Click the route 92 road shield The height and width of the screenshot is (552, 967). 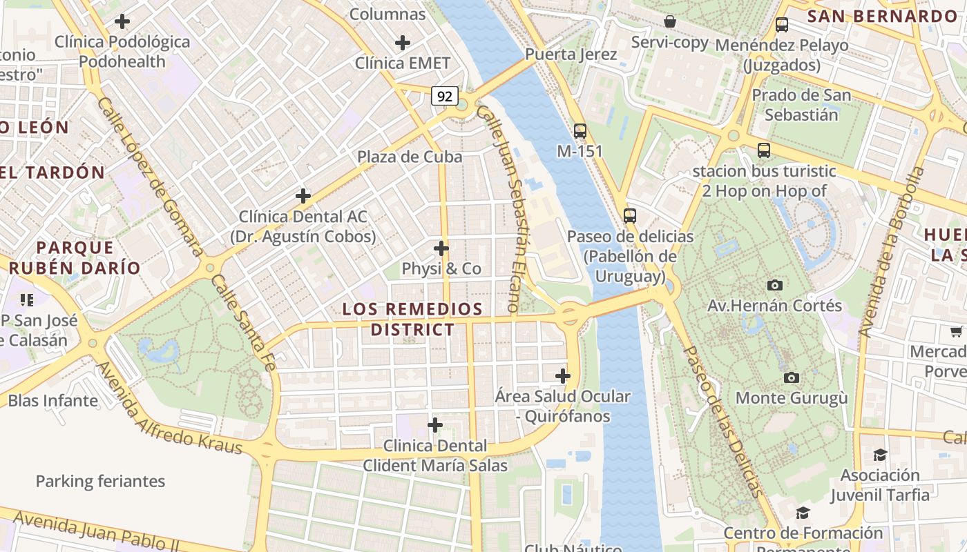(445, 96)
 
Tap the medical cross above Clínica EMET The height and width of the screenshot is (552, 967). (403, 43)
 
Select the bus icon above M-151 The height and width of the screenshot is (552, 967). (580, 130)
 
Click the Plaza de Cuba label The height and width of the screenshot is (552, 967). (410, 157)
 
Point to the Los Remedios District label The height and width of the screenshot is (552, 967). (412, 319)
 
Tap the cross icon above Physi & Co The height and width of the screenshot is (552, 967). (441, 248)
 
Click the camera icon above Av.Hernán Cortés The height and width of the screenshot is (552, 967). (775, 285)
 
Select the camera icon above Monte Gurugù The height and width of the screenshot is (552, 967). (792, 377)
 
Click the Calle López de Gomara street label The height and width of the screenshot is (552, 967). (149, 175)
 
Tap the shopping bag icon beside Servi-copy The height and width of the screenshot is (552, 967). (669, 21)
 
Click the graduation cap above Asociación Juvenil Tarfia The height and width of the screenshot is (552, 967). (880, 455)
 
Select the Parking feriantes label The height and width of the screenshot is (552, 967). (100, 481)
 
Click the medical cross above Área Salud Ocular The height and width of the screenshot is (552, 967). (563, 376)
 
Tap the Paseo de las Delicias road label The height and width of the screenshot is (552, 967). (723, 421)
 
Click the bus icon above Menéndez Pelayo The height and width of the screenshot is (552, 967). (781, 25)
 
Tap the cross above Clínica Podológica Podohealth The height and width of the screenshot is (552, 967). (122, 21)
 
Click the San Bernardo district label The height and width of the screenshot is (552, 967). (872, 16)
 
